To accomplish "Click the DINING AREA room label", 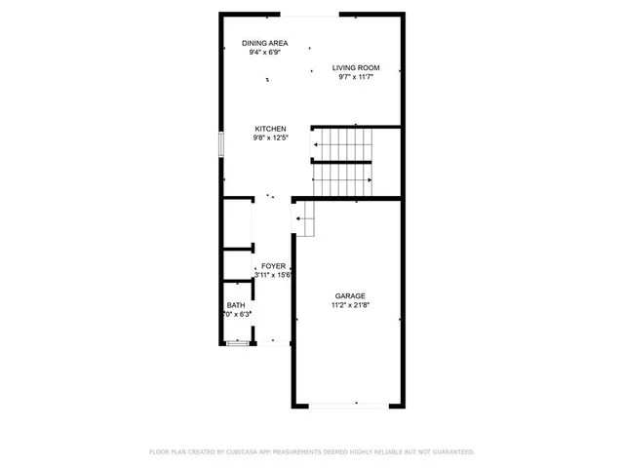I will click(x=264, y=43).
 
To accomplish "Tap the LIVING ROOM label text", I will click(x=356, y=67).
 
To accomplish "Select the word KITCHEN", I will click(x=270, y=129).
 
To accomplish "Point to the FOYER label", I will click(x=273, y=266).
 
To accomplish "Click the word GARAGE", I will click(x=351, y=295).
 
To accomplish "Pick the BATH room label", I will click(x=236, y=304).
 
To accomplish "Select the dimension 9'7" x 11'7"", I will click(x=356, y=77).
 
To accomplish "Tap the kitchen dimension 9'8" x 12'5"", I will click(x=270, y=138).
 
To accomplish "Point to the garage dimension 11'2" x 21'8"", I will click(x=351, y=305).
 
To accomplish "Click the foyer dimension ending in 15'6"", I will click(x=274, y=276).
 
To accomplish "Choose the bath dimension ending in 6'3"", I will click(x=239, y=314).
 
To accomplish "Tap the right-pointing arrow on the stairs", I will click(x=370, y=180).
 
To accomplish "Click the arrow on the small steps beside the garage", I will click(x=298, y=220).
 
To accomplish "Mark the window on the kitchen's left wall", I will click(x=221, y=144).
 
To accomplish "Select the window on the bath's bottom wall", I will click(x=237, y=343).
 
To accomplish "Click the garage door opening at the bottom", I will click(x=357, y=405).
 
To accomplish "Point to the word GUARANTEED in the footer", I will click(x=452, y=452).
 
